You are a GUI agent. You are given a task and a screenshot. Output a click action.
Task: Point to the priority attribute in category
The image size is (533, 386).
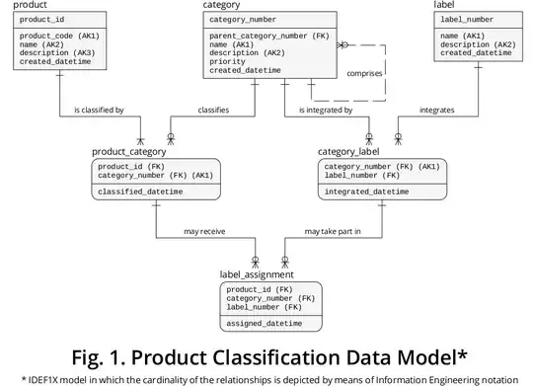click(x=228, y=62)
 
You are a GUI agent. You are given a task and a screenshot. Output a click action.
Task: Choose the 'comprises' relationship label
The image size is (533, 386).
click(x=365, y=73)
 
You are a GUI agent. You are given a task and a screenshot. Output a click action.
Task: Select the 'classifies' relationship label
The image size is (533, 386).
click(x=213, y=110)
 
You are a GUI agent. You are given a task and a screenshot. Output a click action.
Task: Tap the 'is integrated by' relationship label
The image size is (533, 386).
click(x=326, y=110)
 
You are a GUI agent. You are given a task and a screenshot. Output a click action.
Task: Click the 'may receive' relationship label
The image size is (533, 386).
click(x=204, y=232)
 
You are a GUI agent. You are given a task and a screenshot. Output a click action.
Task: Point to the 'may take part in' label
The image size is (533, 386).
click(x=333, y=232)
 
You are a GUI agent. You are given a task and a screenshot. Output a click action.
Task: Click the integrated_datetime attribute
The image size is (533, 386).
click(x=366, y=192)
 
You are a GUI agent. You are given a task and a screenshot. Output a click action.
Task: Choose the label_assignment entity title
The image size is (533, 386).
click(x=256, y=273)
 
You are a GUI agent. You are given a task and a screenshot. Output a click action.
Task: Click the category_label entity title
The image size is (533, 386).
click(x=352, y=151)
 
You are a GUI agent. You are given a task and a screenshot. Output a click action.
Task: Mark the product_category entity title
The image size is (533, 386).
click(x=128, y=151)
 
